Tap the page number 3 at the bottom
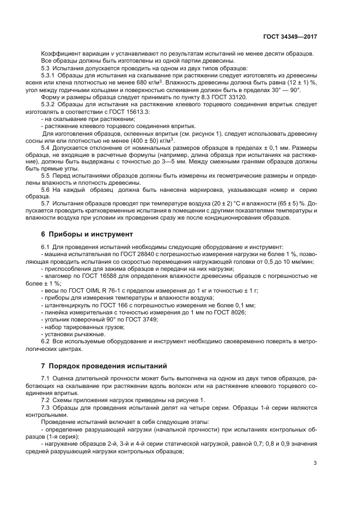click(315, 464)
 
